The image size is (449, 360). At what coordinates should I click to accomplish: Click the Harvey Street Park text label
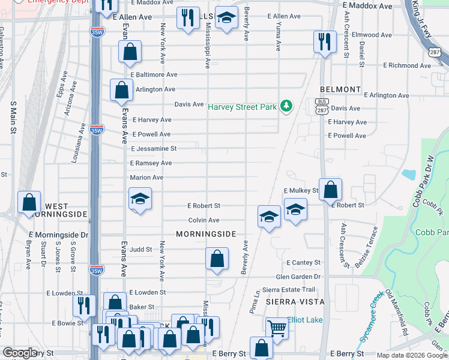(x=242, y=107)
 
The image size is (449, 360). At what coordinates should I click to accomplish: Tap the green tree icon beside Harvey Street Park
(x=287, y=107)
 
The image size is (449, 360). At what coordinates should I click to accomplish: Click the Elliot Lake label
(x=305, y=320)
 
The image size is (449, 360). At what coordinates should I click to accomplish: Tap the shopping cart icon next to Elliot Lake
(x=277, y=327)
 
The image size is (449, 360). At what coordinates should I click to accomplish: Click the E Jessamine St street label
(x=154, y=148)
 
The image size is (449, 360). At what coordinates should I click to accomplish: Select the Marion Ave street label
(x=146, y=178)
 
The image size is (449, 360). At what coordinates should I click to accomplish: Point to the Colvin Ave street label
(x=203, y=220)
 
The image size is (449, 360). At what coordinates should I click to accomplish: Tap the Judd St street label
(x=140, y=249)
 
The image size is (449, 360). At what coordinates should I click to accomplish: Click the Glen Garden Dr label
(x=298, y=277)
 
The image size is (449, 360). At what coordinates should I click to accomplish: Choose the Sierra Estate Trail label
(x=285, y=289)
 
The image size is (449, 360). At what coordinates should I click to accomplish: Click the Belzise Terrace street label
(x=366, y=245)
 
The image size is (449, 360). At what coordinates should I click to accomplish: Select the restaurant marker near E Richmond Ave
(x=324, y=41)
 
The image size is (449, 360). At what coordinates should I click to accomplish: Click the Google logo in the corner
(x=21, y=353)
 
